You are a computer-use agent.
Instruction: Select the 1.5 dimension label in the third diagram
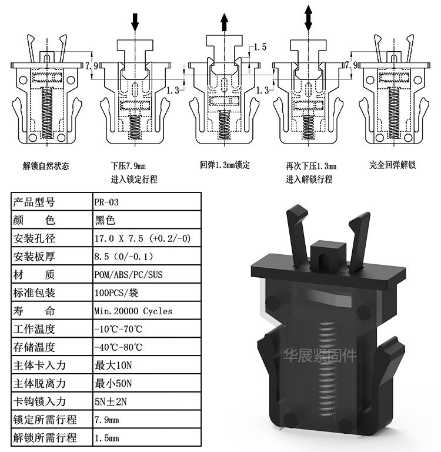tap(260, 46)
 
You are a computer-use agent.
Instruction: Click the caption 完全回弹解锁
tap(392, 165)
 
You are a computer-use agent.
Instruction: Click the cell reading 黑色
tap(106, 221)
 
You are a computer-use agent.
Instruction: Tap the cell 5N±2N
tap(112, 402)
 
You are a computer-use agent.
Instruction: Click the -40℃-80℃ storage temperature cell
tap(118, 347)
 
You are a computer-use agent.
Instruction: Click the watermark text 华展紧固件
tap(320, 355)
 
